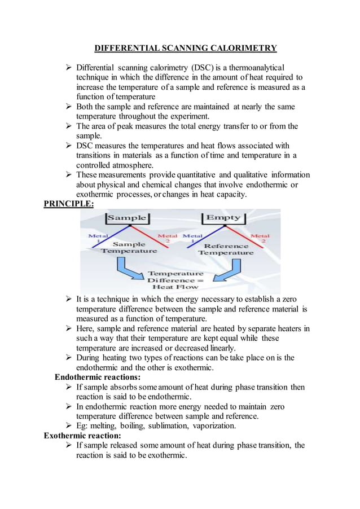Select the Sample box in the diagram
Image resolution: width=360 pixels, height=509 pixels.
[x=127, y=218]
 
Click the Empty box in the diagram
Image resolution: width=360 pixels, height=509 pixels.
[x=223, y=218]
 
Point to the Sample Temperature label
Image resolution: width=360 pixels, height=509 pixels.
[x=129, y=247]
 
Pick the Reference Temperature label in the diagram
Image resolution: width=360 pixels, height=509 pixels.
[x=226, y=249]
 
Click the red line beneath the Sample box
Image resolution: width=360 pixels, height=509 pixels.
[x=148, y=237]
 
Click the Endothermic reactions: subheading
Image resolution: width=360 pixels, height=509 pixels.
[x=97, y=377]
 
